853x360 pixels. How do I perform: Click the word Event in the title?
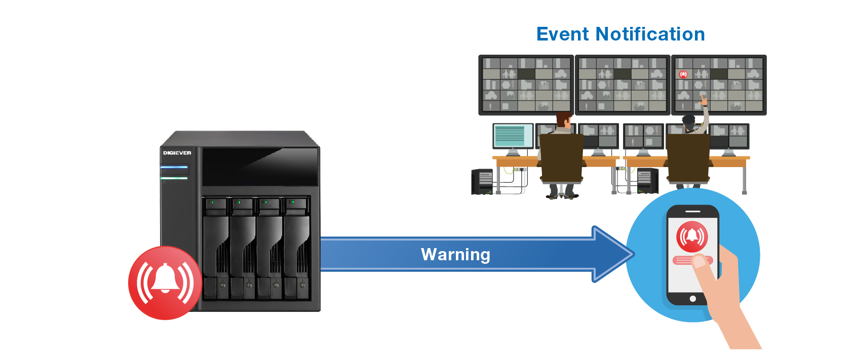[x=562, y=34]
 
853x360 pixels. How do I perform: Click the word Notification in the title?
[x=650, y=34]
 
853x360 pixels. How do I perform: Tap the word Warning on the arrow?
[x=455, y=254]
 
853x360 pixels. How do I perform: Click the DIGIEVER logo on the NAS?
[x=177, y=153]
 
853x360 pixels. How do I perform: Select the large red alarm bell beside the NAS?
[x=165, y=283]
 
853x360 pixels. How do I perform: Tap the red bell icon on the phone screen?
[x=692, y=236]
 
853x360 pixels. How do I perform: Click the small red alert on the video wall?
[x=683, y=74]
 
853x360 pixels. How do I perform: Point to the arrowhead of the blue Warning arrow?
[x=632, y=254]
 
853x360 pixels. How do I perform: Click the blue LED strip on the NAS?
[x=174, y=167]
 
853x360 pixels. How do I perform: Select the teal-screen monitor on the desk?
[x=513, y=136]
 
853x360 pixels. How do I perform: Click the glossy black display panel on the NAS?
[x=260, y=167]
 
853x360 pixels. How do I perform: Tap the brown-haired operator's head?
[x=564, y=119]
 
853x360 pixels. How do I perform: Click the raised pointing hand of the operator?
[x=704, y=100]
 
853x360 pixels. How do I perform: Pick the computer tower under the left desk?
[x=482, y=182]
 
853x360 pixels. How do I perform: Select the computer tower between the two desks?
[x=648, y=180]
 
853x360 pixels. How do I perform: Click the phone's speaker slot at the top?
[x=692, y=212]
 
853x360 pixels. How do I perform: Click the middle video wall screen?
[x=622, y=85]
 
